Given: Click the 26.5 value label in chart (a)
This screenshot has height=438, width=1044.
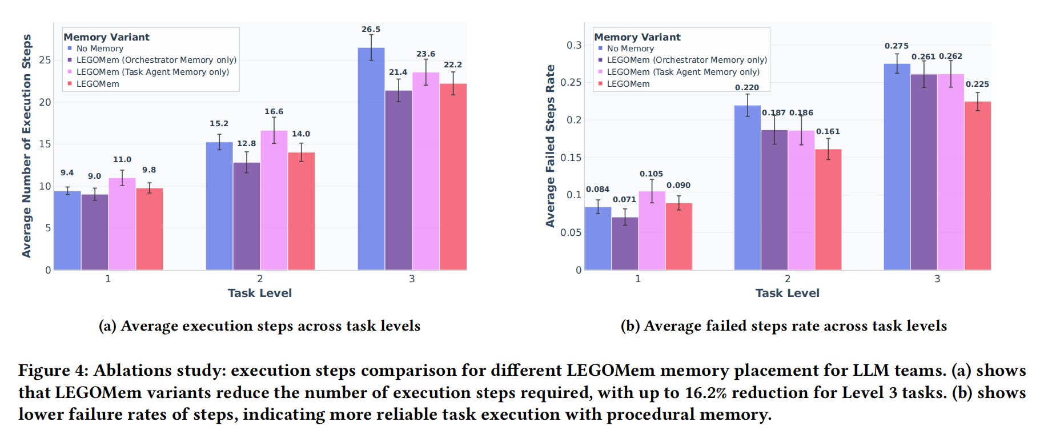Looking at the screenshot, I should pyautogui.click(x=371, y=29).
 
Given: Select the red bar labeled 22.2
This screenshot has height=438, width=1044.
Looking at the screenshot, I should pyautogui.click(x=453, y=176).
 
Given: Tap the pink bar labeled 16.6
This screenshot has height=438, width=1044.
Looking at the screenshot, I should pyautogui.click(x=274, y=200).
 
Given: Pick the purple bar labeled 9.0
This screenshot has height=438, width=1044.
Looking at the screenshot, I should pyautogui.click(x=95, y=232).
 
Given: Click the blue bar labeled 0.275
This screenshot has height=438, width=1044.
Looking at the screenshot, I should pyautogui.click(x=897, y=166).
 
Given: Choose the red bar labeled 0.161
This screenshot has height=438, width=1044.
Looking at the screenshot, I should pyautogui.click(x=828, y=209).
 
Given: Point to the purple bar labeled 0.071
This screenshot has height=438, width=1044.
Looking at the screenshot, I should pyautogui.click(x=625, y=243).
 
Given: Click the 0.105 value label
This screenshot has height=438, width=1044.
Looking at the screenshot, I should pyautogui.click(x=651, y=174).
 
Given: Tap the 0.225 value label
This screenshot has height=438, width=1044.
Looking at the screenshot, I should pyautogui.click(x=977, y=84).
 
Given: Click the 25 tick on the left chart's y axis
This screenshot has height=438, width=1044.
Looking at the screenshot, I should pyautogui.click(x=45, y=60).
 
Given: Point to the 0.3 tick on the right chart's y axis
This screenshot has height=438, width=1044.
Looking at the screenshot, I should pyautogui.click(x=574, y=45).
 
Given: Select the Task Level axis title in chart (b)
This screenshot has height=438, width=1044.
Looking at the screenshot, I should pyautogui.click(x=787, y=293).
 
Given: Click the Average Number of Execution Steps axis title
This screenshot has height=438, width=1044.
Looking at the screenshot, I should pyautogui.click(x=26, y=146).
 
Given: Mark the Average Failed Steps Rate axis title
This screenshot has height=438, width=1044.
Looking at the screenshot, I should pyautogui.click(x=550, y=146).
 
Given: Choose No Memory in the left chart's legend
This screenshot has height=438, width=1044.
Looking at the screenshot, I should pyautogui.click(x=99, y=49).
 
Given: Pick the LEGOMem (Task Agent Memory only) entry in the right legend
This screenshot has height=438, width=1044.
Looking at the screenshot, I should pyautogui.click(x=683, y=72).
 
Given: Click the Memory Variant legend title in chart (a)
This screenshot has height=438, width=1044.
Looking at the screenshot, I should pyautogui.click(x=106, y=37).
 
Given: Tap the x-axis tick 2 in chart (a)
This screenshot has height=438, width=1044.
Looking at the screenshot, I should pyautogui.click(x=260, y=279).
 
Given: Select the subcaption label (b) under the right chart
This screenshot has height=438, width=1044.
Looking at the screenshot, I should pyautogui.click(x=631, y=326).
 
